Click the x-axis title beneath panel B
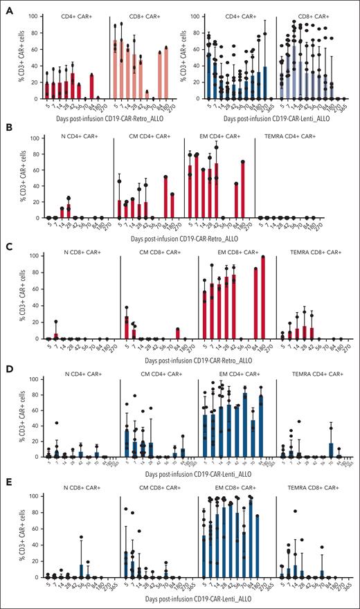(179, 237)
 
